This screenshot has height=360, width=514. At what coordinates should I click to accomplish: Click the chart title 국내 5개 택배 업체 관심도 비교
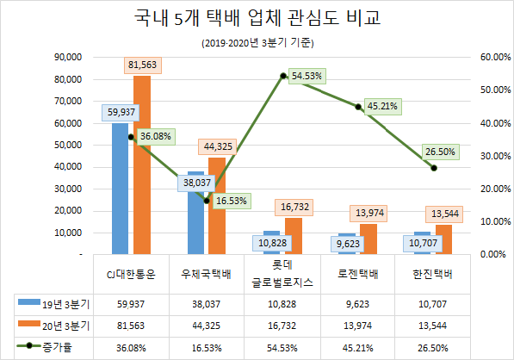click(x=257, y=18)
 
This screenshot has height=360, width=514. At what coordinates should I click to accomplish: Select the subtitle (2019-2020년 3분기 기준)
click(x=257, y=42)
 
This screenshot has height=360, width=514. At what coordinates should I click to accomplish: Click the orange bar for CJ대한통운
click(x=141, y=172)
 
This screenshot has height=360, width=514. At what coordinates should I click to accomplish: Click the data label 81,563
click(x=141, y=65)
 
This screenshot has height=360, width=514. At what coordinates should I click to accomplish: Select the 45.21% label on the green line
click(x=381, y=106)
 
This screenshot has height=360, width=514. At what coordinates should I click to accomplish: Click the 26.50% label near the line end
click(x=440, y=152)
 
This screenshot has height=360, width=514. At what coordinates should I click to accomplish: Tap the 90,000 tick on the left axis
click(x=66, y=57)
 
